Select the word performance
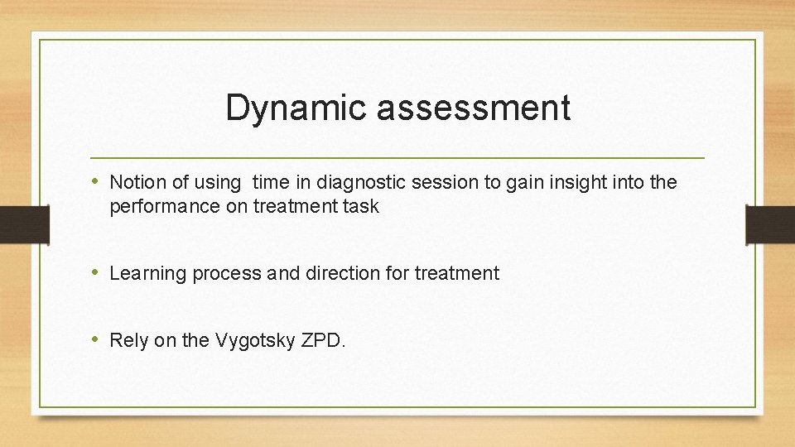pos(165,207)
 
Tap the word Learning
pos(148,273)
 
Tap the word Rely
pos(129,340)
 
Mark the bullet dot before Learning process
pos(97,272)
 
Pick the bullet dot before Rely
pos(97,339)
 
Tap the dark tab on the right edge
pos(770,224)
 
